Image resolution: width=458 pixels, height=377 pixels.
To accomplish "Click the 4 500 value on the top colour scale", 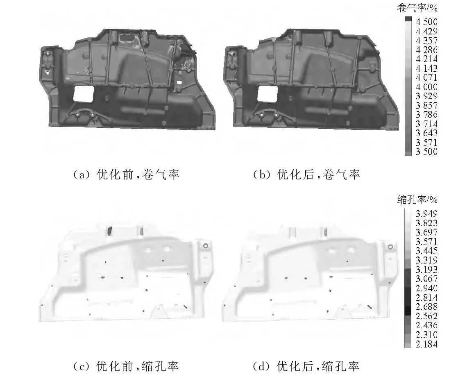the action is click(426, 22).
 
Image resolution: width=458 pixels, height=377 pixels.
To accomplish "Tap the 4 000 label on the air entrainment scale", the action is click(426, 87).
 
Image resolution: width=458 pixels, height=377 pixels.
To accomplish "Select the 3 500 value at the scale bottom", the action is click(426, 151).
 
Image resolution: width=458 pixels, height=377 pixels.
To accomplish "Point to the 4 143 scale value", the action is click(426, 68).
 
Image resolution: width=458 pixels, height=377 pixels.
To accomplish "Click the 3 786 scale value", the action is click(426, 114).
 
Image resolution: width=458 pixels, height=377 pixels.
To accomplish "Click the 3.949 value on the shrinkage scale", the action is click(426, 213).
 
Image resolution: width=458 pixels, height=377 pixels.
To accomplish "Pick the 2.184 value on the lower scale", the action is click(426, 344).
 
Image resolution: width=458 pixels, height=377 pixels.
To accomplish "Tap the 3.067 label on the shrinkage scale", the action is click(426, 279).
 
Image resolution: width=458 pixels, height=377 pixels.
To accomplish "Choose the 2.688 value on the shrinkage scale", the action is click(426, 307).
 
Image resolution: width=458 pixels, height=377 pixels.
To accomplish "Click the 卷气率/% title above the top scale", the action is click(417, 8).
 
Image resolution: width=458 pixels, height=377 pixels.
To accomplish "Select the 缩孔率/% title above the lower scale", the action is click(417, 200).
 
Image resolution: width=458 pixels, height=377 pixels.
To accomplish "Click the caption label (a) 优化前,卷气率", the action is click(126, 175).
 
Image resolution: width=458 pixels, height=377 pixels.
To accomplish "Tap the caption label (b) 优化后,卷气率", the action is click(306, 175).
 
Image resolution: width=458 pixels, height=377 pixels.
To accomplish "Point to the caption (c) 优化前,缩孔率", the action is click(126, 366).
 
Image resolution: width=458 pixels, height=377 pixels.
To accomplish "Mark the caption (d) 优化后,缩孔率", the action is click(306, 366).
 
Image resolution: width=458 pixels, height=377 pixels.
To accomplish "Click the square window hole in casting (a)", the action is click(83, 94).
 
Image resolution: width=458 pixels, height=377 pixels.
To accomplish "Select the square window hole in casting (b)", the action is click(267, 93).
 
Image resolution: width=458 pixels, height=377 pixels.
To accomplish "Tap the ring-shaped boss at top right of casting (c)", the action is click(206, 246).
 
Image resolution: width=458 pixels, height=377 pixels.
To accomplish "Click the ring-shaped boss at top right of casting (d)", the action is click(390, 247).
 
